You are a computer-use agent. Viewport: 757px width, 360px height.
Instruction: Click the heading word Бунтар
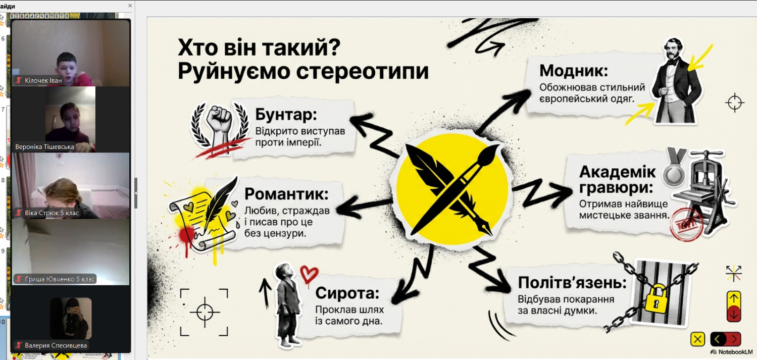click(285, 115)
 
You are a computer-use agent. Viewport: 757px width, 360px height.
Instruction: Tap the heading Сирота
click(347, 292)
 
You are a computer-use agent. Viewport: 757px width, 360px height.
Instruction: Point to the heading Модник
click(574, 70)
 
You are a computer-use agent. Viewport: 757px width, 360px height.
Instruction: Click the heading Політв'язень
click(572, 282)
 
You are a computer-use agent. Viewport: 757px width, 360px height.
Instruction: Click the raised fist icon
click(219, 123)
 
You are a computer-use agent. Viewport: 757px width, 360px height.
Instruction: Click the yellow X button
click(697, 339)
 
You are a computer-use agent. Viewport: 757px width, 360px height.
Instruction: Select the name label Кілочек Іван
click(43, 80)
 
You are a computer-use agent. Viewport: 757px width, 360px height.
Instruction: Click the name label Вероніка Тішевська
click(44, 147)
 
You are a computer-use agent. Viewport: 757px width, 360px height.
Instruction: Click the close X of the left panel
click(130, 6)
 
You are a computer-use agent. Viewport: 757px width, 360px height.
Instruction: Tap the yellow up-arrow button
click(734, 299)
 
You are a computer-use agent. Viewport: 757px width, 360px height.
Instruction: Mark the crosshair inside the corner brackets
click(205, 312)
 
